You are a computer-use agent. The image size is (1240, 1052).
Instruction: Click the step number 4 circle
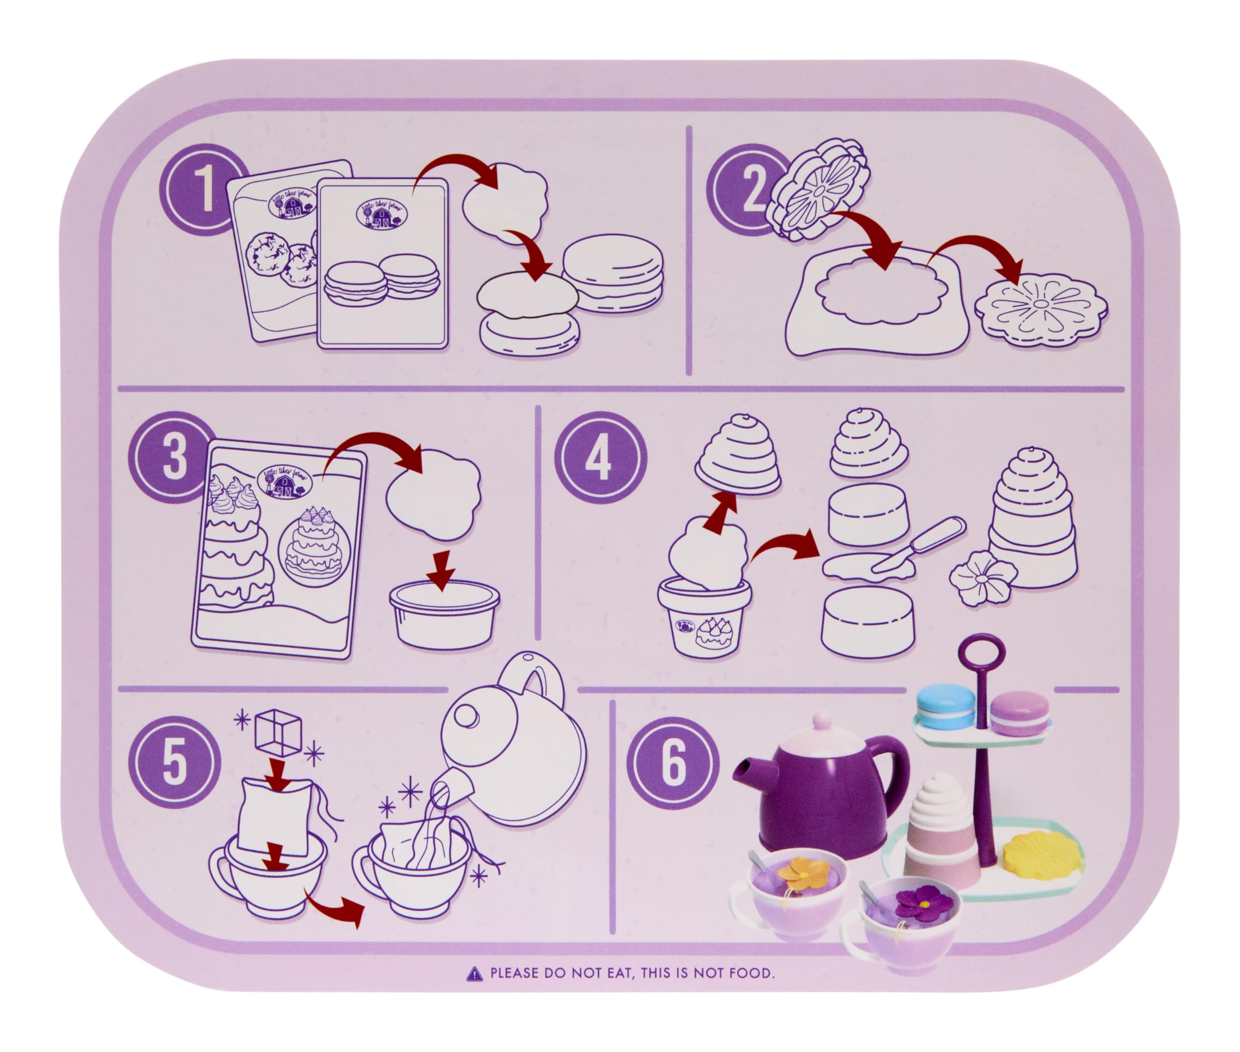pyautogui.click(x=601, y=458)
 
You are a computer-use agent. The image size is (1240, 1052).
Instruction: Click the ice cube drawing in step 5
pyautogui.click(x=278, y=732)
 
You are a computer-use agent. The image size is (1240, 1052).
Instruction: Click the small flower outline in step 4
pyautogui.click(x=982, y=577)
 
